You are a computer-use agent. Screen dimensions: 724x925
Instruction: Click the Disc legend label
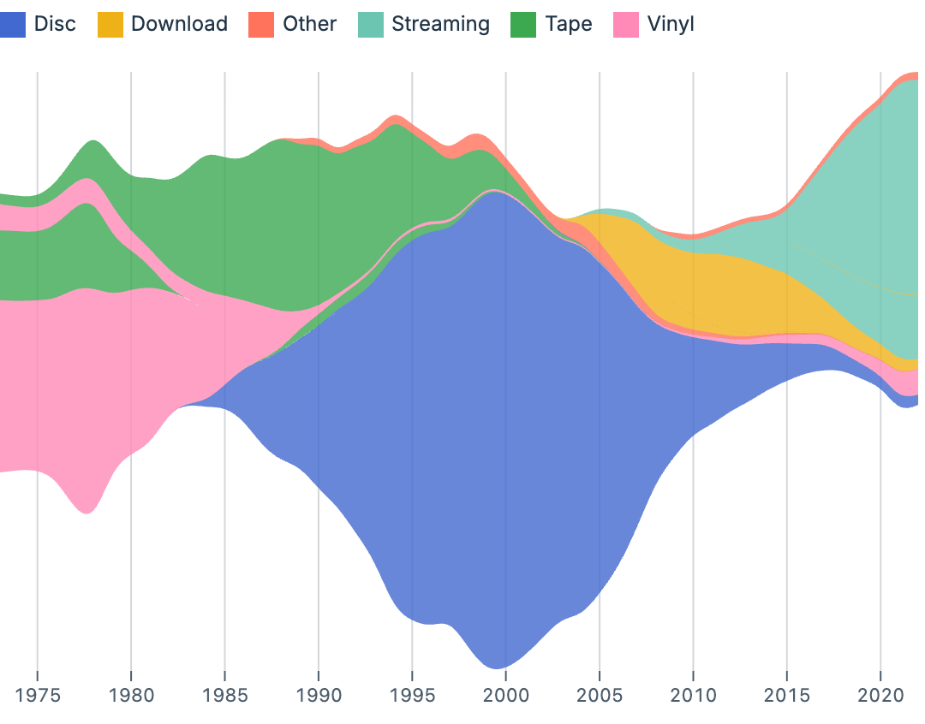click(55, 24)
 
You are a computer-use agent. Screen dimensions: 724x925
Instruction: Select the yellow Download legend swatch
click(111, 24)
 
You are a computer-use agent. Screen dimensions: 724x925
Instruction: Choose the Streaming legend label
click(440, 24)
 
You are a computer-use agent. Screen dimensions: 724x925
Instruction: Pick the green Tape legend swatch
click(523, 24)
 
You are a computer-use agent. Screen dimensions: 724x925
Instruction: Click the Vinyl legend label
click(671, 24)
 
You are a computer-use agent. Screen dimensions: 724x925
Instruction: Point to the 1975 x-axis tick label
click(38, 693)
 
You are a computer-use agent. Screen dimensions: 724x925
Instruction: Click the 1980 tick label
click(131, 693)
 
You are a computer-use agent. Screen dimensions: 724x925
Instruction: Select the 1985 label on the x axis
click(224, 693)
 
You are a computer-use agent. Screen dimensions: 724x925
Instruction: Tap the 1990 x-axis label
click(319, 693)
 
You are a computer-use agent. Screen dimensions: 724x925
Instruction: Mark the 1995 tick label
click(412, 693)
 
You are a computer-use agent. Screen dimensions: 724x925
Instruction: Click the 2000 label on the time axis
click(505, 693)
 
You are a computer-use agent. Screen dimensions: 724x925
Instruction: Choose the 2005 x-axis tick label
click(600, 693)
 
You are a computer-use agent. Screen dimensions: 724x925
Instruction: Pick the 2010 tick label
click(693, 693)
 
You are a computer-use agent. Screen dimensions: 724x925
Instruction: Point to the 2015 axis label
click(786, 693)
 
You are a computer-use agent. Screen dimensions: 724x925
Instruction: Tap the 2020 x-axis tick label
click(880, 693)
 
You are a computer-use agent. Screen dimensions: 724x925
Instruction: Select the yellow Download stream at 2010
click(693, 291)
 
